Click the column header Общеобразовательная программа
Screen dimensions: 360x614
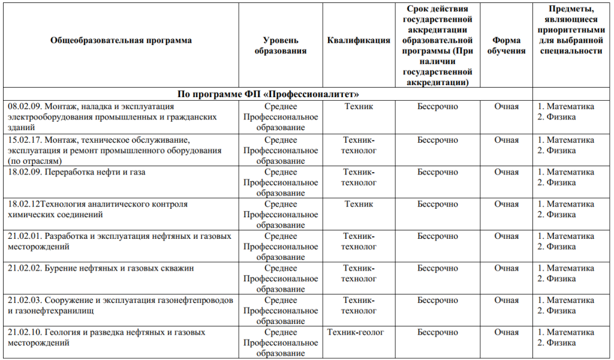[x=121, y=41]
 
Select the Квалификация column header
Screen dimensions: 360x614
[x=359, y=41]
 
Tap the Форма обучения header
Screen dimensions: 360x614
[x=506, y=46]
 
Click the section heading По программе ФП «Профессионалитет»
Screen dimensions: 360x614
[x=268, y=94]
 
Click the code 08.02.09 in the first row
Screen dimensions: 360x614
[x=25, y=107]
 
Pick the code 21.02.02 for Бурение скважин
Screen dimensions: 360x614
[x=25, y=268]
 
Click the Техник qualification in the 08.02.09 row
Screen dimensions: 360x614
[x=359, y=107]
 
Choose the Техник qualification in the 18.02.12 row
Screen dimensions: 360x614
[x=359, y=204]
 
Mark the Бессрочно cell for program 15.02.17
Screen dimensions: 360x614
[x=438, y=140]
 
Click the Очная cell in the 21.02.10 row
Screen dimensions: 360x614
[x=506, y=332]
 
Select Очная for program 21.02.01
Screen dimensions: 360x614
[x=506, y=236]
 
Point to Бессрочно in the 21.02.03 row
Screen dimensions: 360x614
[x=438, y=300]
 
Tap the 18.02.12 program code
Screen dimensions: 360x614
[x=23, y=204]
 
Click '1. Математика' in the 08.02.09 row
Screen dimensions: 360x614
[x=566, y=107]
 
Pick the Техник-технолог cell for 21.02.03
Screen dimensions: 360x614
[x=359, y=305]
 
